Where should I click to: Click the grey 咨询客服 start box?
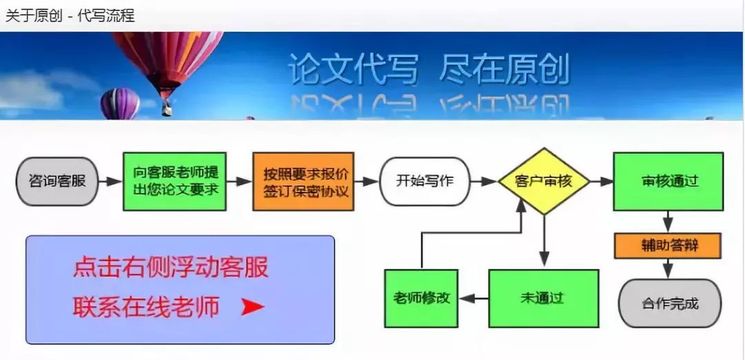point(57,181)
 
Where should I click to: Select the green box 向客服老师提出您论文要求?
point(175,181)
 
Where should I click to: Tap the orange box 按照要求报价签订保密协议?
point(303,181)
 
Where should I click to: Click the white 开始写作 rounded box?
point(424,181)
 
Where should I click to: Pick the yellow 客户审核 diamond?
point(544,181)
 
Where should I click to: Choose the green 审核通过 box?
point(668,181)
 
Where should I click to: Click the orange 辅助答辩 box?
point(668,246)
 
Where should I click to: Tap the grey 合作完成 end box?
point(670,303)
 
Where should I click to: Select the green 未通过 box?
point(543,299)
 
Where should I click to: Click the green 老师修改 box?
point(421,299)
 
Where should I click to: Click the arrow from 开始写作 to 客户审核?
point(484,181)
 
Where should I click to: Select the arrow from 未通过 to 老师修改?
point(473,299)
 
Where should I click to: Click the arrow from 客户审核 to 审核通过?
point(602,181)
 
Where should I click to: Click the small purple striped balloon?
point(120,103)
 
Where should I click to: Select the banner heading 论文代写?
point(353,70)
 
